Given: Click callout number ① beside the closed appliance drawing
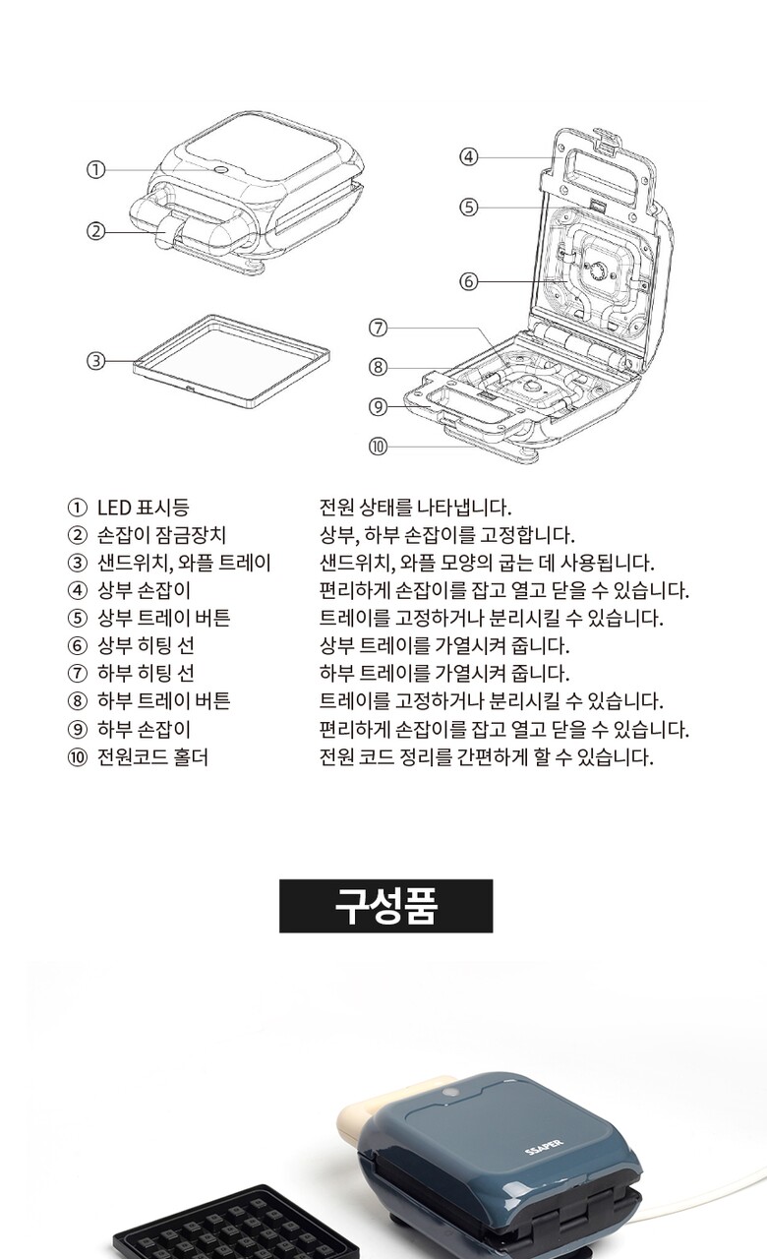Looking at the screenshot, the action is click(x=96, y=170).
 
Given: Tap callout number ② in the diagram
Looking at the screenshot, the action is click(x=96, y=231).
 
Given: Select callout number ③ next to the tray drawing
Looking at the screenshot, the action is click(x=96, y=361).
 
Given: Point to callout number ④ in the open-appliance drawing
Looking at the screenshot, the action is click(x=469, y=156).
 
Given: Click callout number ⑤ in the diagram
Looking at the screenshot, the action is click(x=469, y=208).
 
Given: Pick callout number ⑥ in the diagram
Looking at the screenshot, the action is click(x=469, y=281).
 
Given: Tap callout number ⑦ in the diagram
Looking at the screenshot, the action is click(x=379, y=328).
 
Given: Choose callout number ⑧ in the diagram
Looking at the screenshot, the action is click(x=379, y=368).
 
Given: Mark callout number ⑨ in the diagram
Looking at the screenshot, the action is click(x=379, y=407).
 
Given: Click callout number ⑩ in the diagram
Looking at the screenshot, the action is click(x=379, y=447).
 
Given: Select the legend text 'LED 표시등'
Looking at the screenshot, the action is click(x=144, y=508).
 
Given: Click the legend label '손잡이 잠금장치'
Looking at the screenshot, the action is click(x=162, y=535).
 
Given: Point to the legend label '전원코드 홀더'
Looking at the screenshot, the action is click(x=152, y=757).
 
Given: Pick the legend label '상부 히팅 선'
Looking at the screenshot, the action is click(x=147, y=646).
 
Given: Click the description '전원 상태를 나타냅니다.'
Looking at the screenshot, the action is click(x=415, y=508).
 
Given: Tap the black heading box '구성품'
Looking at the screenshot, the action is click(x=386, y=906).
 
